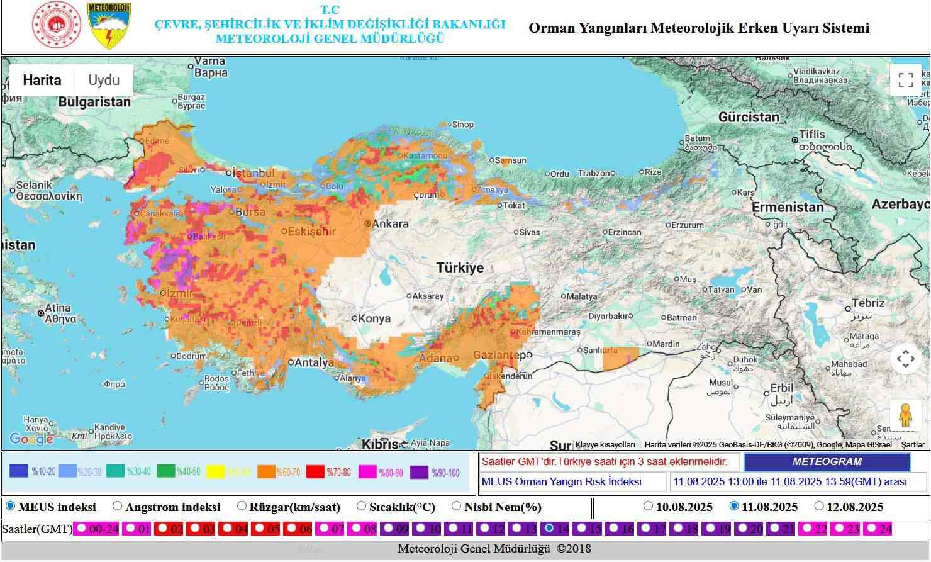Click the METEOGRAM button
point(827,462)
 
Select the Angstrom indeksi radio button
point(118,506)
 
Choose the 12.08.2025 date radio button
point(818,506)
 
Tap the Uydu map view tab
point(104,81)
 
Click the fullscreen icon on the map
point(905,80)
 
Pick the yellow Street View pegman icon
point(905,415)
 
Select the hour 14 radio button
point(549,529)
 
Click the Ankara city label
point(390,223)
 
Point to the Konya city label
point(374,318)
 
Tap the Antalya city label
point(315,362)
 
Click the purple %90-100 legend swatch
point(419,472)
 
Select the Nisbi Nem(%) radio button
point(457,506)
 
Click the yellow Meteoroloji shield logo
point(109,26)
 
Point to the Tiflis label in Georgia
point(811,135)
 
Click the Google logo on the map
point(31,439)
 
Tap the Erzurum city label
point(687,225)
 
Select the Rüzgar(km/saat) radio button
point(242,506)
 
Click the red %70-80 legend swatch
point(315,472)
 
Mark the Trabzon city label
point(594,173)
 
